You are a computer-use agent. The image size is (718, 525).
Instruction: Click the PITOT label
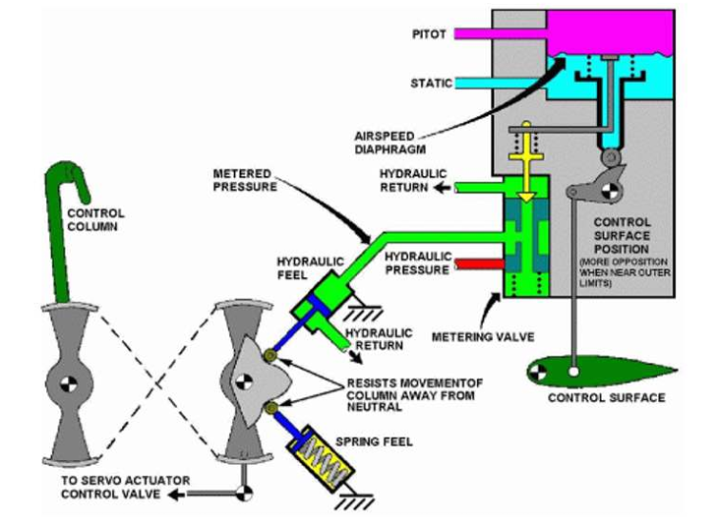pyautogui.click(x=429, y=34)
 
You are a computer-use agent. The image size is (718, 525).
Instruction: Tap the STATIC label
pyautogui.click(x=432, y=84)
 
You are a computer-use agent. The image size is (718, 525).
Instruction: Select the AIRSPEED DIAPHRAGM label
pyautogui.click(x=390, y=143)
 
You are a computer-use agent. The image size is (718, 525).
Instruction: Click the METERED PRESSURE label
pyautogui.click(x=245, y=180)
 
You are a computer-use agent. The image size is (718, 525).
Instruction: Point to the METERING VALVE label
pyautogui.click(x=483, y=337)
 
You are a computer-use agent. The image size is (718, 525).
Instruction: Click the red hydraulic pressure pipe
pyautogui.click(x=479, y=264)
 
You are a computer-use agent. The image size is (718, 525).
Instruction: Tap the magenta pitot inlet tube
pyautogui.click(x=500, y=33)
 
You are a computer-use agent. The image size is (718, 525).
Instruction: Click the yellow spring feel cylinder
pyautogui.click(x=321, y=459)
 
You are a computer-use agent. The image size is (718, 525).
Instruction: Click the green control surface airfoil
pyautogui.click(x=600, y=371)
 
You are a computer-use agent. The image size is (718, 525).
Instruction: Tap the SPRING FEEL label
pyautogui.click(x=374, y=441)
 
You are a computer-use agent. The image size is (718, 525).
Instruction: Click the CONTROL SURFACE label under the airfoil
pyautogui.click(x=606, y=397)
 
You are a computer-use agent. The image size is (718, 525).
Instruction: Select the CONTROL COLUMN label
pyautogui.click(x=95, y=219)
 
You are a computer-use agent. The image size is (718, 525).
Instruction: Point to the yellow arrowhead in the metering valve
pyautogui.click(x=526, y=197)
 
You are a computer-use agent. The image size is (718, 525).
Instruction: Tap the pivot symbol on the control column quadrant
pyautogui.click(x=69, y=383)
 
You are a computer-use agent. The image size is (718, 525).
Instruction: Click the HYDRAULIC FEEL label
pyautogui.click(x=310, y=268)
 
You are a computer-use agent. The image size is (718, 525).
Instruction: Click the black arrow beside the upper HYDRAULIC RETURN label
pyautogui.click(x=443, y=188)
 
